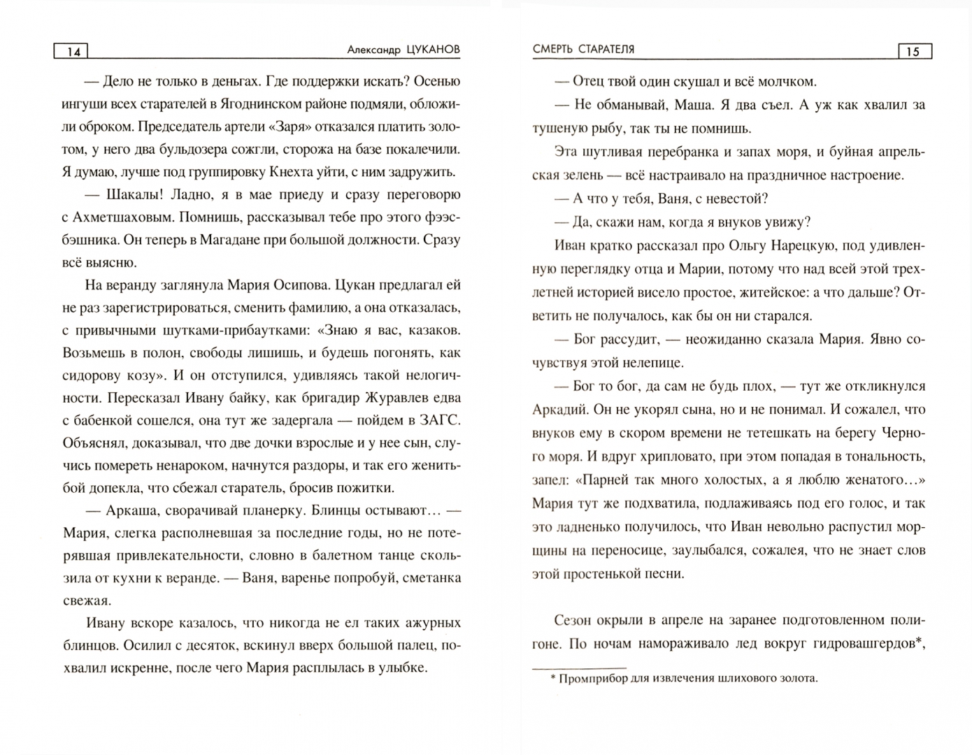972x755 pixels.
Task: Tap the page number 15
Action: click(x=913, y=52)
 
